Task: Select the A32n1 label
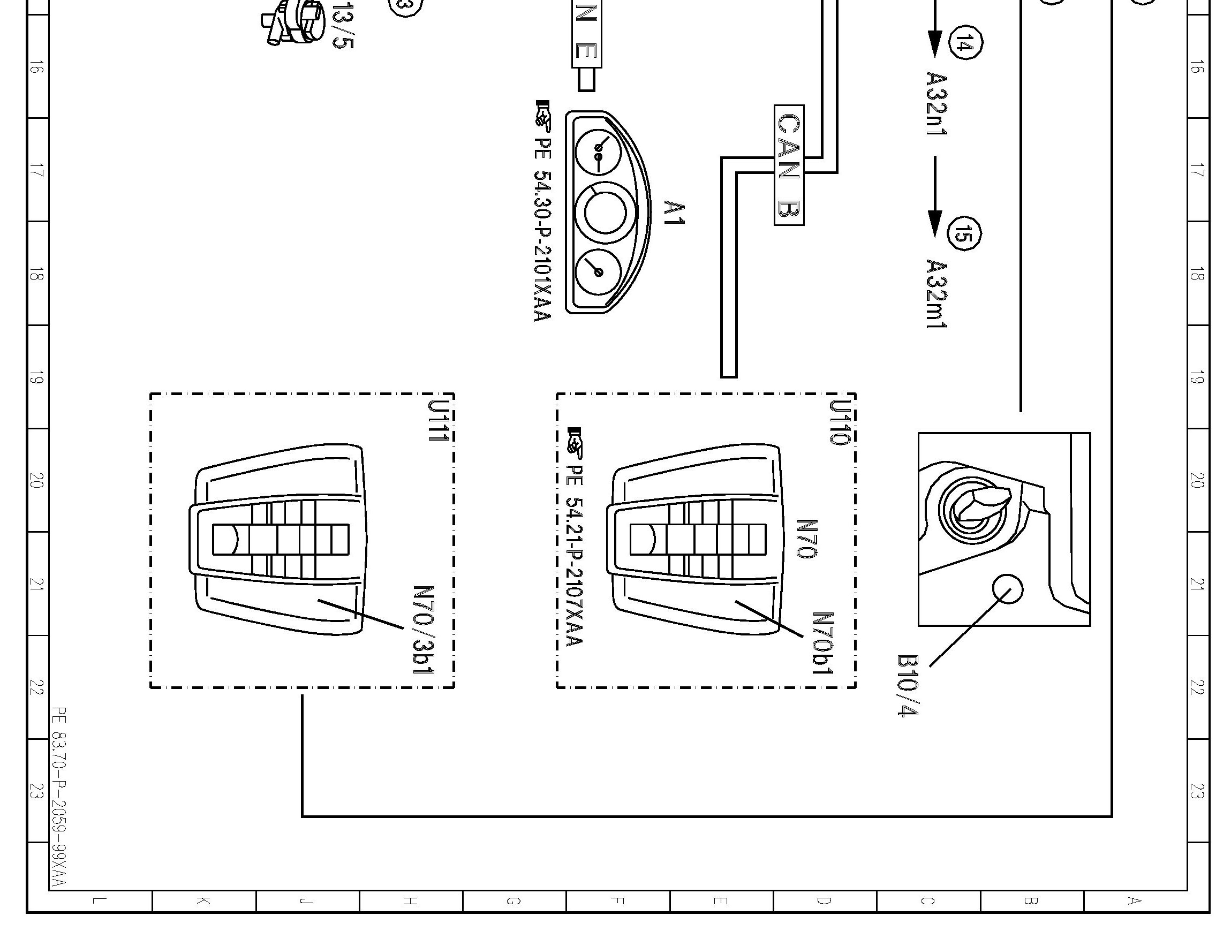click(x=937, y=103)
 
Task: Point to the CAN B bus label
click(x=789, y=165)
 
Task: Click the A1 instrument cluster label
click(x=674, y=213)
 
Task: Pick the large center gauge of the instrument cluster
click(x=605, y=213)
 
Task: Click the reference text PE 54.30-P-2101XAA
click(x=543, y=229)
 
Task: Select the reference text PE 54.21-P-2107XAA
click(x=575, y=554)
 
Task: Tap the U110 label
click(x=840, y=422)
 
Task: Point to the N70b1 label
click(x=823, y=643)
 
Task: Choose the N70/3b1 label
click(x=424, y=630)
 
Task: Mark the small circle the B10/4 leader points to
click(x=1008, y=589)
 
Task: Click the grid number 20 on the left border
click(x=36, y=481)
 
